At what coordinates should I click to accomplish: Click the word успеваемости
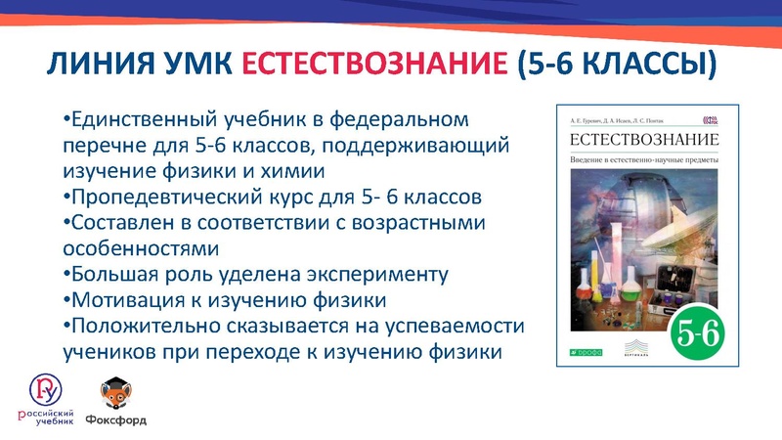coord(458,325)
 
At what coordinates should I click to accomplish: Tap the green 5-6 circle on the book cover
coord(697,331)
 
